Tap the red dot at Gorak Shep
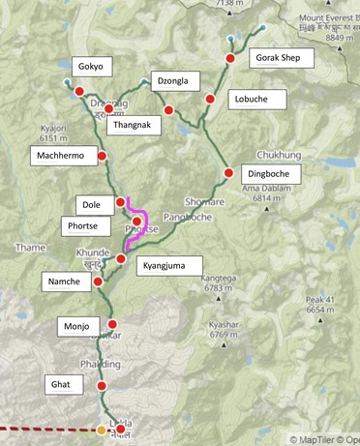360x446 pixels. [x=230, y=59]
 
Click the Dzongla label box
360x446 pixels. [x=190, y=84]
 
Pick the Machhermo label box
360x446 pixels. [x=61, y=155]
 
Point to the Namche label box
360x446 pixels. [x=67, y=281]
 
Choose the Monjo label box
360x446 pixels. [x=77, y=324]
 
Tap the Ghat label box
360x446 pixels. [x=60, y=384]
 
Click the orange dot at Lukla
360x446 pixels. [x=103, y=430]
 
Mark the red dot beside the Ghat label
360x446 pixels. [x=102, y=386]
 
